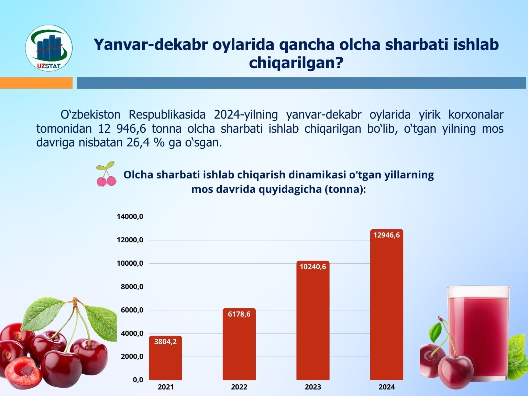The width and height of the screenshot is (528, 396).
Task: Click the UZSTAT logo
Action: tap(49, 48)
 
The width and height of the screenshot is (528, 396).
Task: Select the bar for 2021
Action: tap(165, 358)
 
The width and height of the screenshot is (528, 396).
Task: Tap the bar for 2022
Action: tap(239, 344)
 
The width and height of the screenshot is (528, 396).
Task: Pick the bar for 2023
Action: tap(313, 320)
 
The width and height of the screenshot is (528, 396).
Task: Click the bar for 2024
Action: tap(387, 305)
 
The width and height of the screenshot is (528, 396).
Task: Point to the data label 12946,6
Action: tap(387, 235)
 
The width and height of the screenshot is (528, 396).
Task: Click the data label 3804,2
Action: tap(165, 342)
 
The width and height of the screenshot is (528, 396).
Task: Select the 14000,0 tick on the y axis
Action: tap(130, 217)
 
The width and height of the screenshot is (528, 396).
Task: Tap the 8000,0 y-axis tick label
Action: tap(132, 287)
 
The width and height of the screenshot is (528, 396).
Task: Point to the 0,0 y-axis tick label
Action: tap(138, 380)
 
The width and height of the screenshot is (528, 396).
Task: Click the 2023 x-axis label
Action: tap(313, 387)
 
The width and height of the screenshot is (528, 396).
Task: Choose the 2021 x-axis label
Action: tap(165, 387)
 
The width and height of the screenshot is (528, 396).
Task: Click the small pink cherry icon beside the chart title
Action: tap(106, 174)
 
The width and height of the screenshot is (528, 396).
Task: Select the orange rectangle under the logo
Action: tap(36, 83)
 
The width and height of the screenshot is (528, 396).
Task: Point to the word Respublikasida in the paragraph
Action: tap(167, 115)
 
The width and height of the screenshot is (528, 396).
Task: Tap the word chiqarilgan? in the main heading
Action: tap(296, 63)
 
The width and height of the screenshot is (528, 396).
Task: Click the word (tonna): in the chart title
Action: tap(345, 189)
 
